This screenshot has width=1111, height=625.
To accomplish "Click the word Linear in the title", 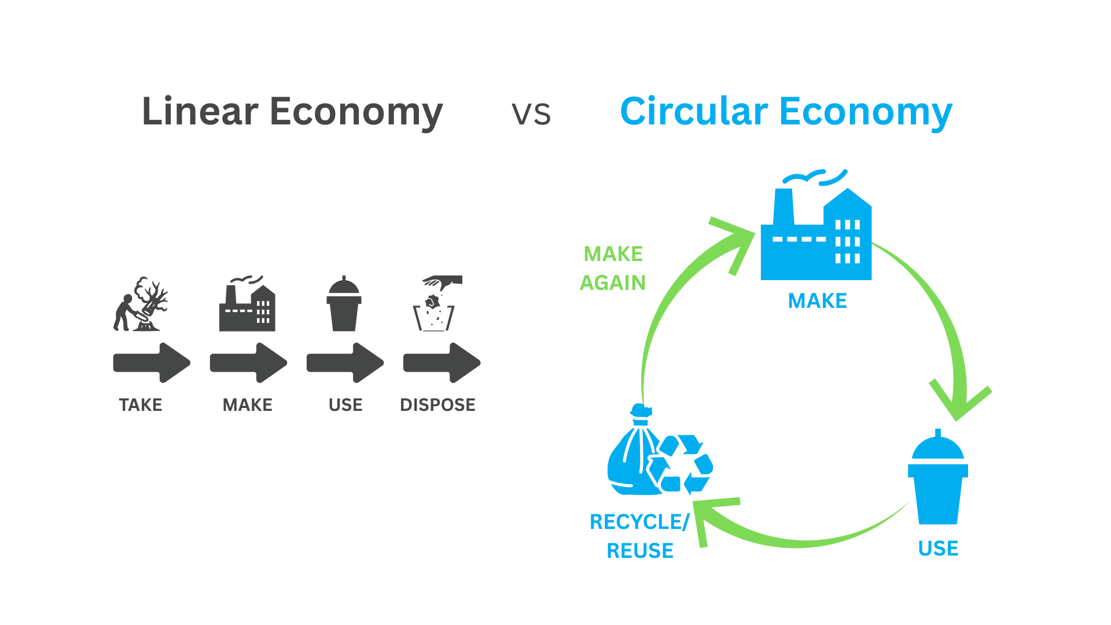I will click(x=200, y=111).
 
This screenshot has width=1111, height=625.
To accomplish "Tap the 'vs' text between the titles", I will click(x=531, y=113).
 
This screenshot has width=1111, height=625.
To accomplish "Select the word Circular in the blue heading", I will click(x=694, y=111).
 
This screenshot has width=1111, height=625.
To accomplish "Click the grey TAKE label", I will click(x=141, y=405).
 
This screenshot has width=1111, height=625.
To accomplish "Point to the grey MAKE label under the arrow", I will click(x=248, y=405).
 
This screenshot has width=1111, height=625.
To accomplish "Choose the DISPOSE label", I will click(x=437, y=405).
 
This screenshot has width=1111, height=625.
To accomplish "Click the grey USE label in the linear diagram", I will click(x=345, y=405).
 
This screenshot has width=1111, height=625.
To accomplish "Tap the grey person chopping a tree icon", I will click(x=141, y=304).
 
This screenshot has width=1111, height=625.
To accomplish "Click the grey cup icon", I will click(x=344, y=304).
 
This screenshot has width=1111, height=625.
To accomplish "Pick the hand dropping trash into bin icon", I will click(x=437, y=304).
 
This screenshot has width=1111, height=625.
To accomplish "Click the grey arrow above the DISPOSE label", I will click(x=442, y=363).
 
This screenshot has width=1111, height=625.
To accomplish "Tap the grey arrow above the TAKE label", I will click(x=152, y=363).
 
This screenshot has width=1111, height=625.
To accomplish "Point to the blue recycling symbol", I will click(x=682, y=464).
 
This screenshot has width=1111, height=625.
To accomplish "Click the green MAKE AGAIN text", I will click(x=613, y=268).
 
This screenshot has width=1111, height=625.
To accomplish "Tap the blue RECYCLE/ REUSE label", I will click(x=640, y=536).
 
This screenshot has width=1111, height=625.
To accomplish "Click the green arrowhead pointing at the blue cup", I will click(x=961, y=399).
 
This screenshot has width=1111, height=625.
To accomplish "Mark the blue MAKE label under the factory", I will click(x=817, y=301).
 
